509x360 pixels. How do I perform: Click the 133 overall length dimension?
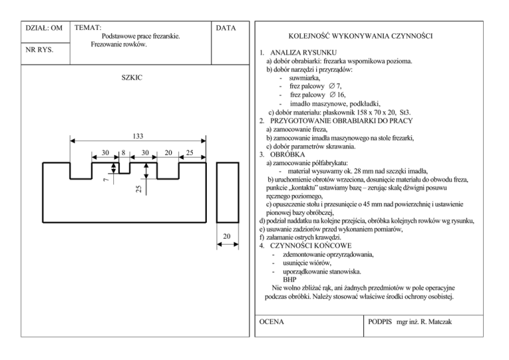[x=138, y=137]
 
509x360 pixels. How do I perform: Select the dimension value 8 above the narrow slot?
[x=124, y=152]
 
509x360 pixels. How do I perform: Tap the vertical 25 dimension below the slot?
[x=139, y=188]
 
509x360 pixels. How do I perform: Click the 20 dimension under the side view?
[x=227, y=237]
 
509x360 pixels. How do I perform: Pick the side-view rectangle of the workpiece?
[x=227, y=193]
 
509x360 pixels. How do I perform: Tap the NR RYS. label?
[x=39, y=50]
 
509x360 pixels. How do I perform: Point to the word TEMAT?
[x=88, y=28]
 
